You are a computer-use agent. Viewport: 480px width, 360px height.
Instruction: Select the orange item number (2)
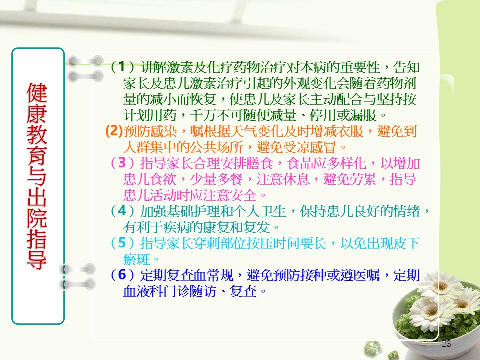tap(114, 131)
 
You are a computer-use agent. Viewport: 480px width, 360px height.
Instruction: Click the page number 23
tap(446, 344)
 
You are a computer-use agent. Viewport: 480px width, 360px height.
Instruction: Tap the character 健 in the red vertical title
tap(37, 93)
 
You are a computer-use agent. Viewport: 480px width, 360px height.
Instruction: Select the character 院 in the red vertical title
tap(37, 218)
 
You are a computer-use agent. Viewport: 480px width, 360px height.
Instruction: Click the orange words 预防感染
tap(150, 131)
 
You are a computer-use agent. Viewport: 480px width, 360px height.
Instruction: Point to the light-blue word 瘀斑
tap(137, 259)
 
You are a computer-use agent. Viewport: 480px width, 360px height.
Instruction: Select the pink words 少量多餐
tap(216, 179)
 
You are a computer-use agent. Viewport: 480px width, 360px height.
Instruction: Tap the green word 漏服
tap(363, 115)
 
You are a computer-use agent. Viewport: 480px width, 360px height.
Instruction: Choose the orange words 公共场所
tap(216, 147)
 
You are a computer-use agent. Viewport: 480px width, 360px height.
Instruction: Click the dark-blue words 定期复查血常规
tap(186, 275)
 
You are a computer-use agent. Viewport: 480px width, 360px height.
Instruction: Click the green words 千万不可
tap(216, 115)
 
